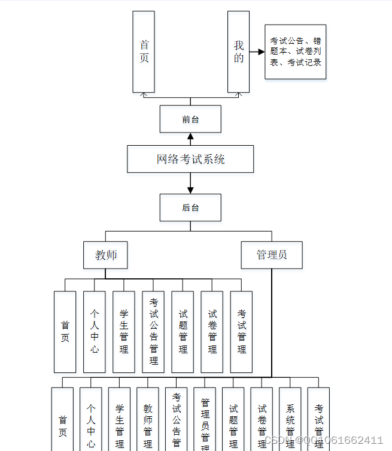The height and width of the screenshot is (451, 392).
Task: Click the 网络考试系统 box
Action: click(x=190, y=159)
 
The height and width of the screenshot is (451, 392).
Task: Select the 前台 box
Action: click(x=190, y=119)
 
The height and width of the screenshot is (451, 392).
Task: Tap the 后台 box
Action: click(x=190, y=208)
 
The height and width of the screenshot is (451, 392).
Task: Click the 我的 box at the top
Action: click(x=238, y=52)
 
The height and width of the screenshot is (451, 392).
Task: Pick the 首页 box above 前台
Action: click(x=144, y=52)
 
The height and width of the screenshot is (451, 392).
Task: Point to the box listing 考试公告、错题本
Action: click(x=295, y=52)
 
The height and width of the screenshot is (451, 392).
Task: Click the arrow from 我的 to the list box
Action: click(x=257, y=52)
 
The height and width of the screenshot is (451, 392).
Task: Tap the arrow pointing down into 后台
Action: click(x=190, y=187)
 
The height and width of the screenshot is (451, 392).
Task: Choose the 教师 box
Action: click(x=106, y=255)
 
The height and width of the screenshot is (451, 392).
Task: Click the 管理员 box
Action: click(x=271, y=255)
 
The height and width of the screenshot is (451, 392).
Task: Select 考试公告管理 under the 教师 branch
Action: click(x=153, y=332)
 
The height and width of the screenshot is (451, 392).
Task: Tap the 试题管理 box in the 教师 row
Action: click(x=183, y=332)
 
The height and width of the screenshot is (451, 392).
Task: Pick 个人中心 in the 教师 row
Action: click(x=95, y=332)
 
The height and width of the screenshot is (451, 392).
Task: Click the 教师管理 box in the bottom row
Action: click(x=148, y=420)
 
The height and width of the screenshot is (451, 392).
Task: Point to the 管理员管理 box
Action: click(x=205, y=420)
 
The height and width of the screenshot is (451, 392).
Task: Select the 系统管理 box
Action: click(x=290, y=420)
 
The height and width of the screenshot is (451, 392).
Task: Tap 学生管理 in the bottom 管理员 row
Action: click(x=119, y=420)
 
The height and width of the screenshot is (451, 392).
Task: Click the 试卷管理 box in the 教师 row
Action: click(x=212, y=332)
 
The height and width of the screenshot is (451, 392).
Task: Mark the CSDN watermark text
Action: click(x=324, y=441)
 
